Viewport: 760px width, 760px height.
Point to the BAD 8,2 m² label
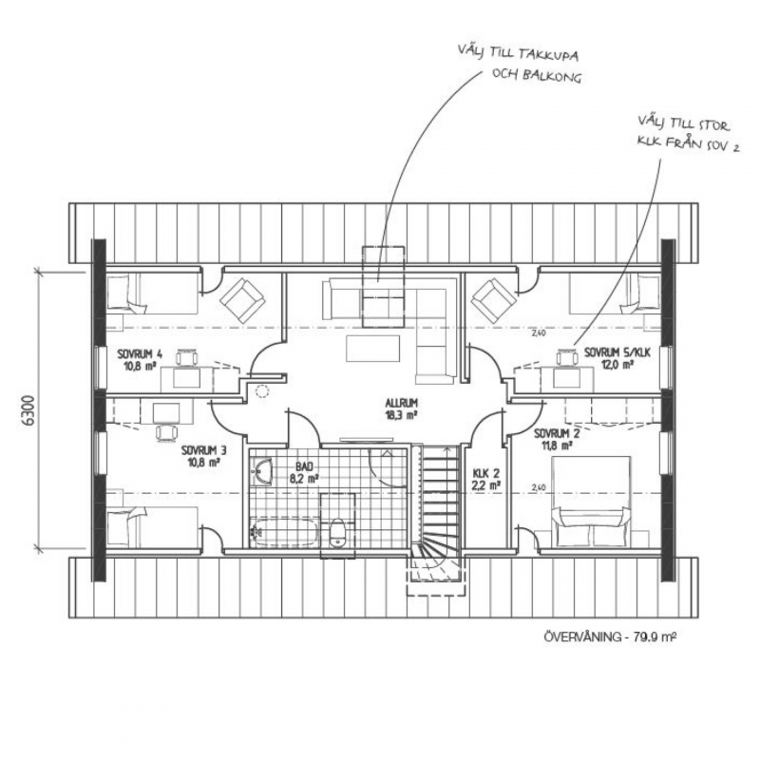click(x=304, y=473)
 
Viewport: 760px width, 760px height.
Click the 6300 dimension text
click(x=29, y=410)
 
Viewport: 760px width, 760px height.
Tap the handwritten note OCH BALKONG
click(x=536, y=77)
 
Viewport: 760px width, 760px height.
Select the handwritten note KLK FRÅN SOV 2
click(x=688, y=144)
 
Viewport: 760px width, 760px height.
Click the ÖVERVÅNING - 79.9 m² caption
click(x=610, y=636)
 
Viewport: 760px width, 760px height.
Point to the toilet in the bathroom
click(x=337, y=532)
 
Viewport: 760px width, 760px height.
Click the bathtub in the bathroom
click(x=284, y=532)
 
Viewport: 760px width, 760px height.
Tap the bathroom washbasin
click(x=262, y=471)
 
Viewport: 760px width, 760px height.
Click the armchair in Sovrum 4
click(x=243, y=299)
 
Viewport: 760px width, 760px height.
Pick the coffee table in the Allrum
click(x=373, y=349)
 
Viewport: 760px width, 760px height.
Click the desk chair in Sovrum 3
click(x=166, y=433)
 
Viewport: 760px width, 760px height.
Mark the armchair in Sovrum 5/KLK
click(x=494, y=299)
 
